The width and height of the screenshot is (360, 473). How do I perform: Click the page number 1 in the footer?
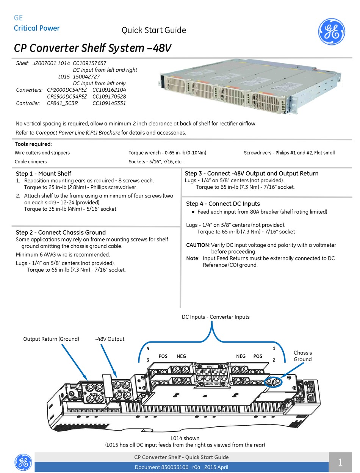point(340,462)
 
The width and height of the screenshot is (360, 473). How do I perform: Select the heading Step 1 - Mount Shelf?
point(44,173)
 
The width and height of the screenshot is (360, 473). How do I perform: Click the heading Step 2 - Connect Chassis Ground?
point(61,232)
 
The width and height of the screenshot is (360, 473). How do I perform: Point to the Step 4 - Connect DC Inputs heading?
point(223,204)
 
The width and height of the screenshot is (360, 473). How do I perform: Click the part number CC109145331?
point(109,103)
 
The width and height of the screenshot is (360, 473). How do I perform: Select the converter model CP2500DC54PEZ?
point(67,96)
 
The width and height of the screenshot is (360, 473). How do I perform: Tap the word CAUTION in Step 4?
point(197,245)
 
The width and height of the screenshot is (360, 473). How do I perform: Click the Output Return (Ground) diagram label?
point(51,339)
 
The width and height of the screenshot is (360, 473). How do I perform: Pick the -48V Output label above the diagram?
point(110,339)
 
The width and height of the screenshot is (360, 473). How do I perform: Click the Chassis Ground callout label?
point(303,356)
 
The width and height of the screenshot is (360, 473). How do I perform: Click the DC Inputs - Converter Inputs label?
point(216,317)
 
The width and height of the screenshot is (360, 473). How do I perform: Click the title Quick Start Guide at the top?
point(154,30)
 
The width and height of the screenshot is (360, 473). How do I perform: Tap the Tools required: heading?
point(33,144)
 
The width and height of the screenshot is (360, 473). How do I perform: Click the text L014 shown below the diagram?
point(185,438)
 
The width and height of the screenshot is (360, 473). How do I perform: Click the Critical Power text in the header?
point(37,28)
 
